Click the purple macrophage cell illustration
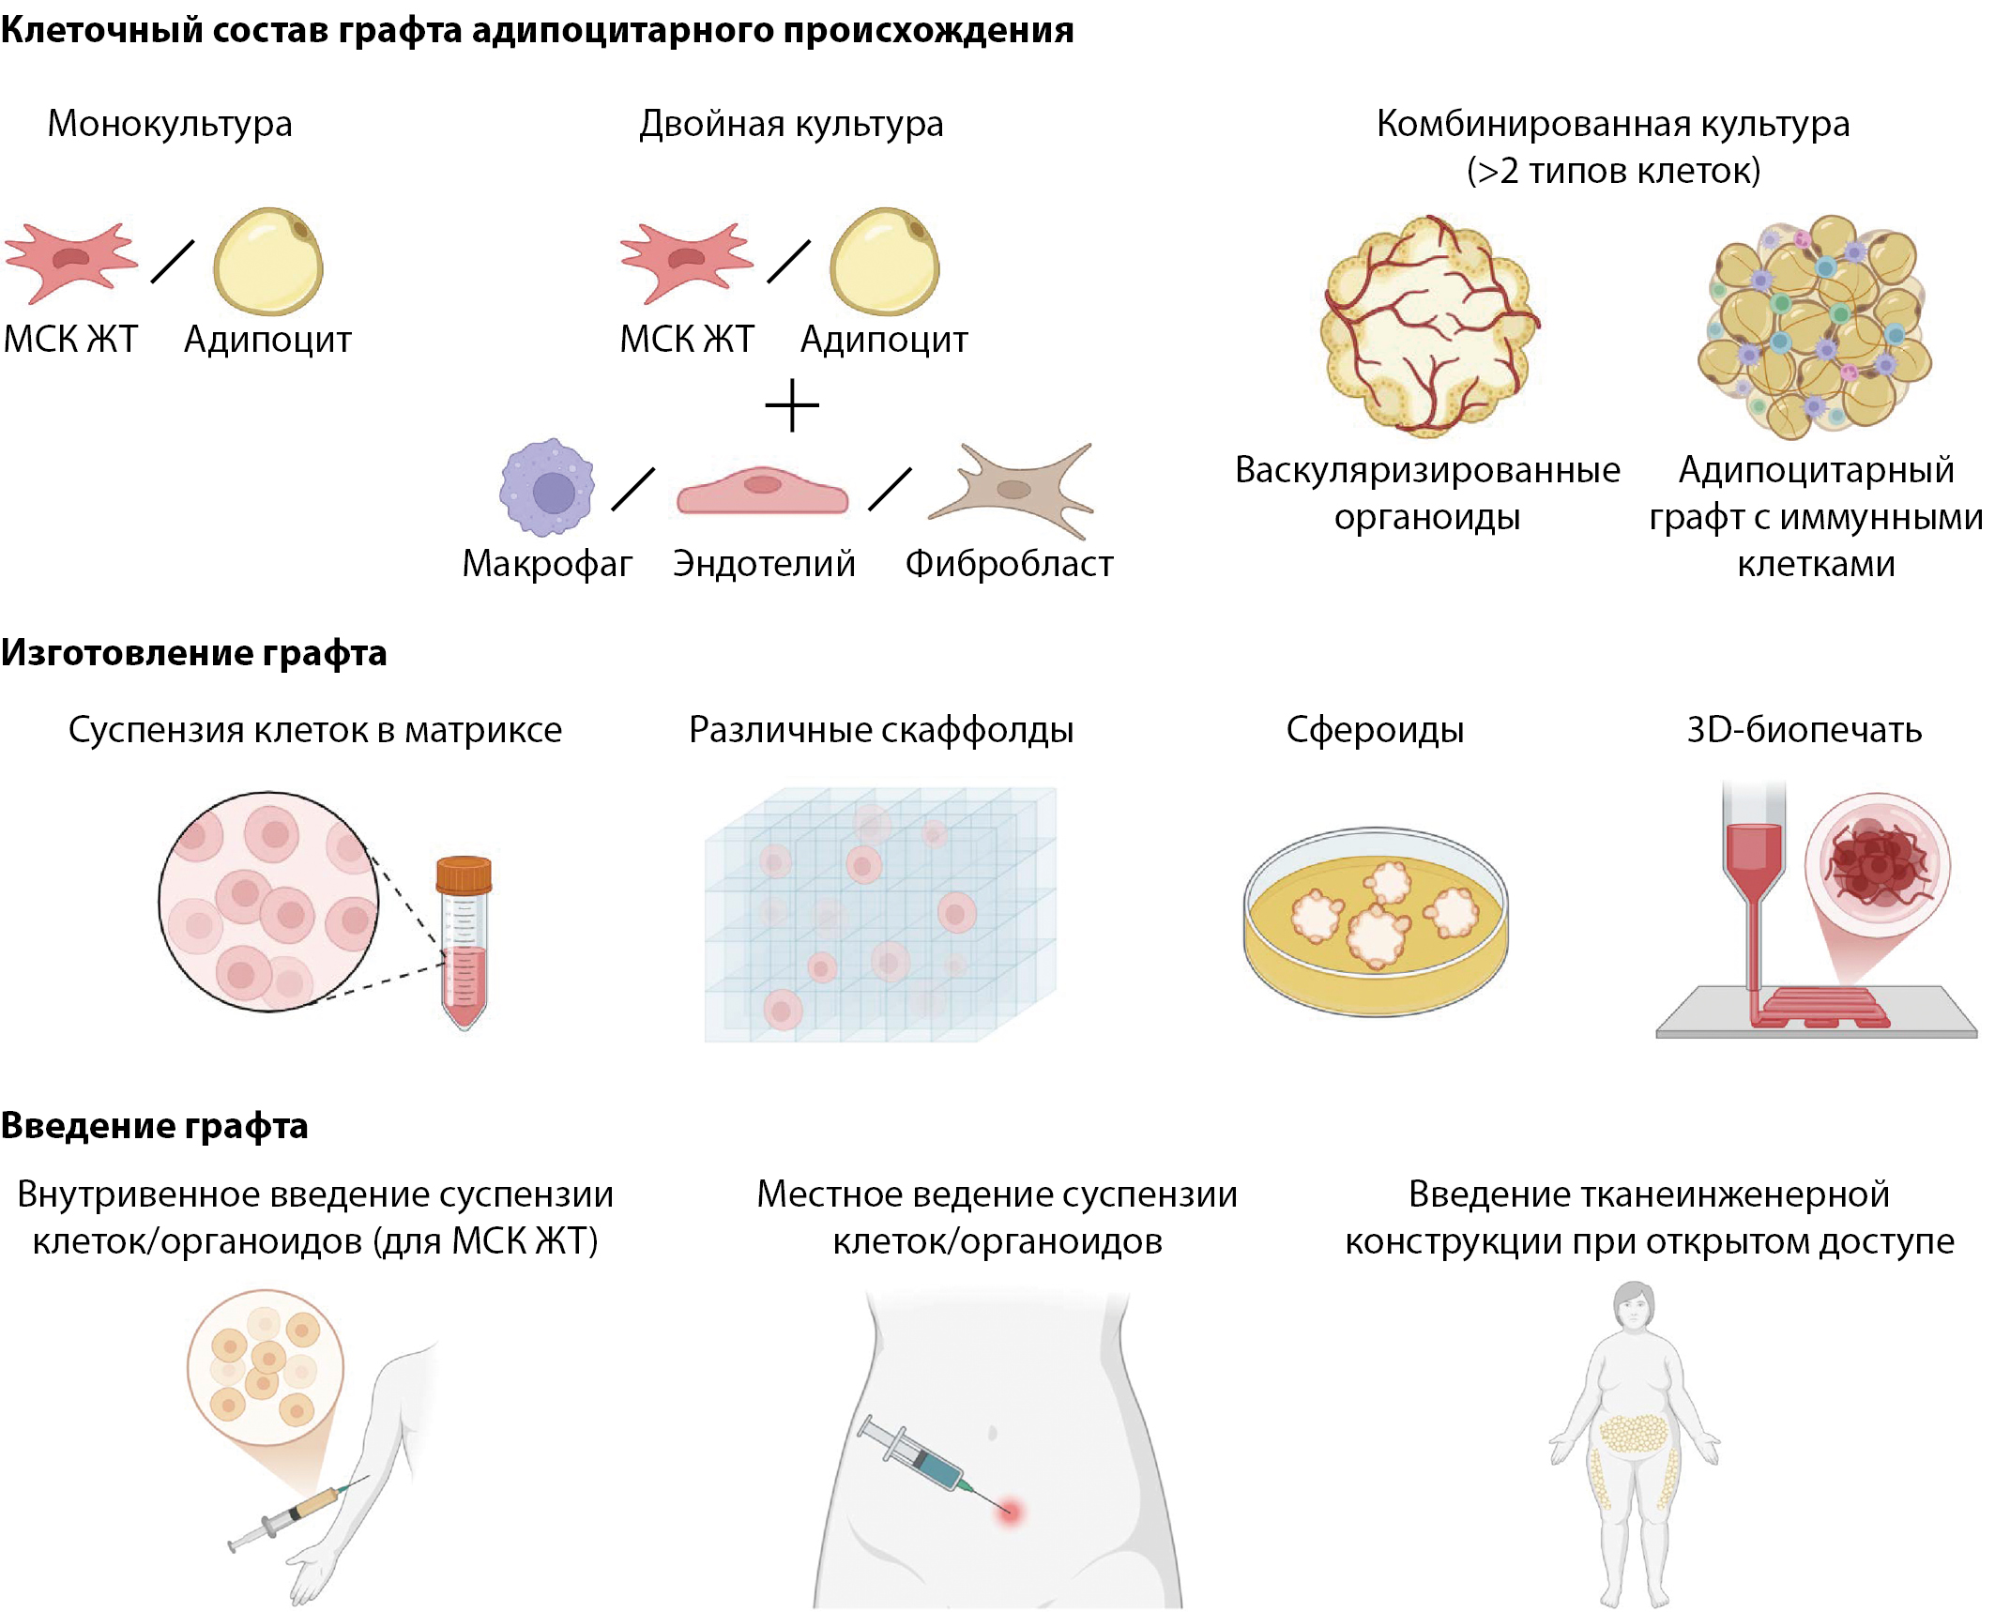coord(547,487)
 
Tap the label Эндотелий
coord(764,564)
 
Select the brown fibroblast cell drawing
coord(1012,490)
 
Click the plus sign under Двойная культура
coord(792,405)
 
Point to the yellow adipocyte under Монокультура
coord(268,261)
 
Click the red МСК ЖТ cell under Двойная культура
coord(686,262)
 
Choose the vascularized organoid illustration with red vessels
coord(1427,326)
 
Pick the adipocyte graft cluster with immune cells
coord(1815,327)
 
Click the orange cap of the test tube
coord(464,875)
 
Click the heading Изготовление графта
coord(193,653)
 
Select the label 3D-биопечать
coord(1804,729)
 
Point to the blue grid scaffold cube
coord(880,914)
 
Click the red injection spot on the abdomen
coord(1010,1511)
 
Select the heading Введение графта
coord(154,1126)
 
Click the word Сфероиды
coord(1375,729)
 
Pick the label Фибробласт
coord(1009,564)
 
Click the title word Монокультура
coord(170,124)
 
